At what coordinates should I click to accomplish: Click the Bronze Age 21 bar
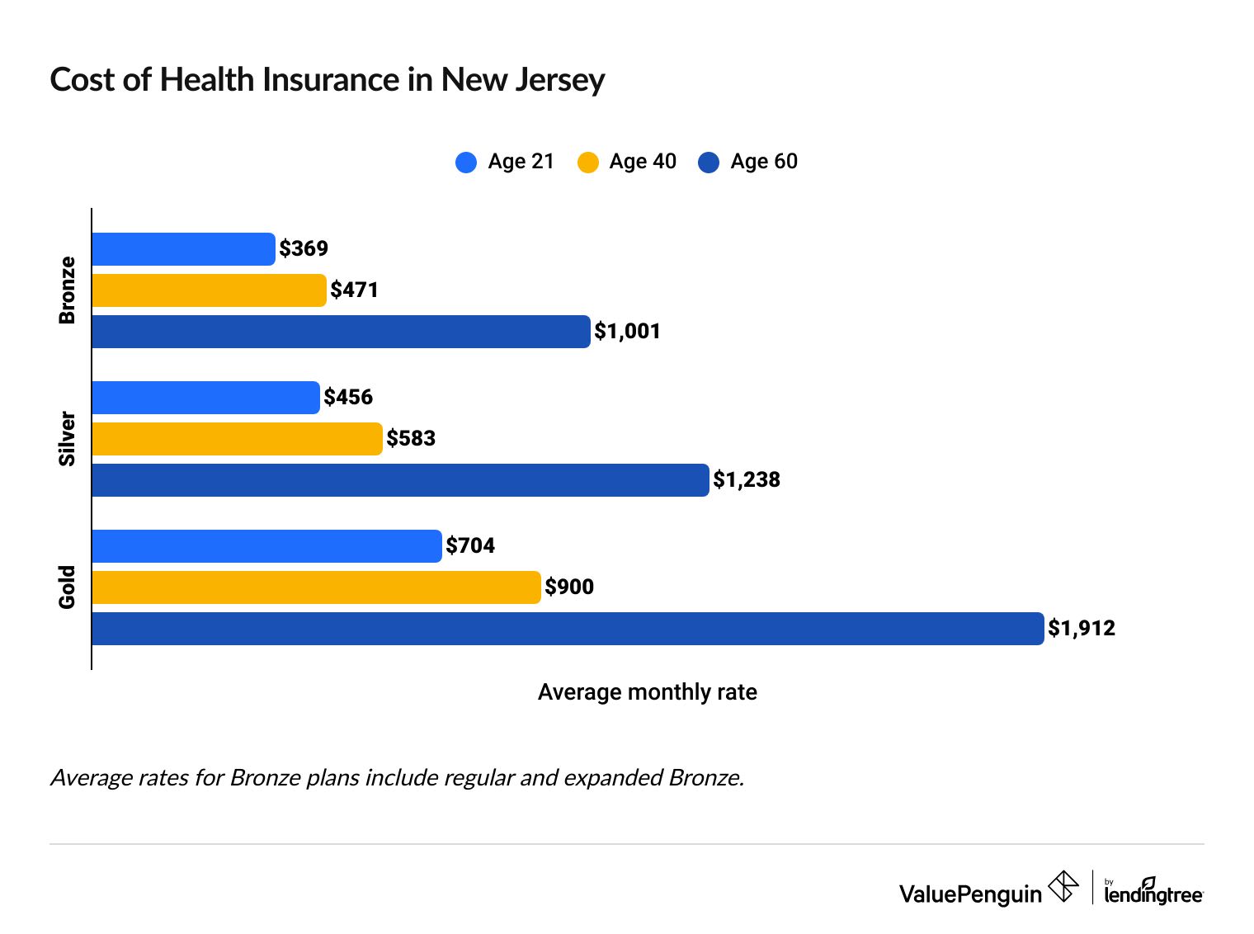(183, 249)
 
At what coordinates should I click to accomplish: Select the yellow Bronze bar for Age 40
(209, 290)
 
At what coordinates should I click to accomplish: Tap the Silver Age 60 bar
(400, 480)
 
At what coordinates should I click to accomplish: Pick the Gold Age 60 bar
(568, 629)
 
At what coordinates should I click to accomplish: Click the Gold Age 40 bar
(316, 587)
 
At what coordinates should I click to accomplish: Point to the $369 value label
(304, 248)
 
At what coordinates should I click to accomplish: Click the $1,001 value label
(628, 332)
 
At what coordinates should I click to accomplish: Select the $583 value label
(411, 438)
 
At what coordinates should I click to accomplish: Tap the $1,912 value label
(1082, 629)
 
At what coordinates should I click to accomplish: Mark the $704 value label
(470, 545)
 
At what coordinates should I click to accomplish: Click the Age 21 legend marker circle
(466, 163)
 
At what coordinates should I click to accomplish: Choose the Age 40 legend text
(643, 162)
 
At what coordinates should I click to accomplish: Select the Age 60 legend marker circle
(709, 163)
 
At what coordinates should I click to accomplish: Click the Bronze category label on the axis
(67, 290)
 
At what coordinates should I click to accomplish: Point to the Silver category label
(67, 439)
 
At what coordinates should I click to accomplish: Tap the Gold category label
(67, 587)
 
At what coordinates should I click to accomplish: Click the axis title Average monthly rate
(647, 692)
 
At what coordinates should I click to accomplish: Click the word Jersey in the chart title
(560, 80)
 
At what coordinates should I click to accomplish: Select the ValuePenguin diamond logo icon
(1063, 887)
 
